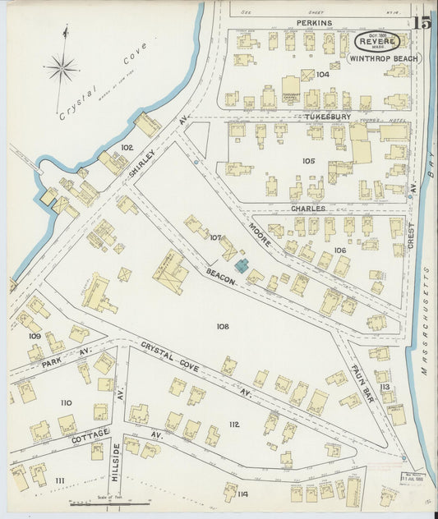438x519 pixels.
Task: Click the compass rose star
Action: [61, 67]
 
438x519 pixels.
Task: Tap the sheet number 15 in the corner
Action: [423, 25]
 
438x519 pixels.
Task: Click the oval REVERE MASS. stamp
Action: [378, 41]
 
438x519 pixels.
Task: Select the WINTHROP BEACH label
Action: [383, 59]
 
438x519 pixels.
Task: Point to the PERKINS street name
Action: [314, 23]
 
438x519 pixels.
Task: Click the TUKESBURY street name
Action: [306, 117]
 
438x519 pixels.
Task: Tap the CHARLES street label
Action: [307, 209]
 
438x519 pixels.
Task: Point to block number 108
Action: [222, 326]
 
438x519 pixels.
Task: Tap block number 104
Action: [321, 74]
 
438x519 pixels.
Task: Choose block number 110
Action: [66, 402]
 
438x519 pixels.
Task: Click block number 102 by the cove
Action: [126, 148]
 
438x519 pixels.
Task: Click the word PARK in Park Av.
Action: [51, 362]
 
